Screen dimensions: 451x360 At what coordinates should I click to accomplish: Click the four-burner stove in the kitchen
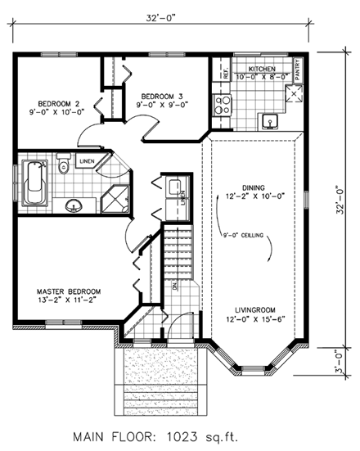pos(222,104)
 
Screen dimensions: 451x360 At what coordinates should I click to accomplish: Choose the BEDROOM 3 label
pos(164,94)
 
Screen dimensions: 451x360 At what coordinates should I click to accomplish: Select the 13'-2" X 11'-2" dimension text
pos(68,302)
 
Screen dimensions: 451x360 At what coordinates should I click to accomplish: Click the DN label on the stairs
pos(174,286)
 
